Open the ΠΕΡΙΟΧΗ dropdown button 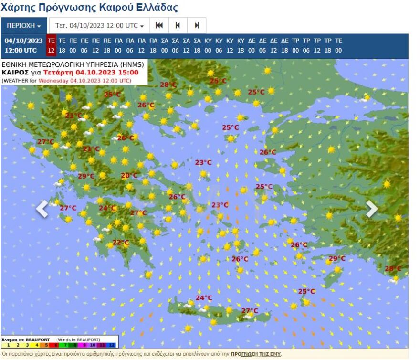click(x=23, y=26)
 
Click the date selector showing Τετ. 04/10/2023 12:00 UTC click(x=99, y=26)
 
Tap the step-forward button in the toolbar click(x=196, y=26)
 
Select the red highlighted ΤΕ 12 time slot click(x=51, y=45)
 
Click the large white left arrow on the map click(x=42, y=209)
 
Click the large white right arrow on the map click(x=371, y=209)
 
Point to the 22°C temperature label click(x=121, y=243)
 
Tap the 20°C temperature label click(x=129, y=176)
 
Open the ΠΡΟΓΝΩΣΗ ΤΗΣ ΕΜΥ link click(x=256, y=354)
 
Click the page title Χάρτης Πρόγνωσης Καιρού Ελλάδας click(x=90, y=8)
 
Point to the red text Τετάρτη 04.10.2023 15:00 click(x=91, y=73)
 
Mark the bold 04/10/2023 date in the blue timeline click(x=24, y=41)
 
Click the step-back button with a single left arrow click(x=178, y=26)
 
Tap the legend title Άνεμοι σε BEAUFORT click(x=26, y=339)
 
